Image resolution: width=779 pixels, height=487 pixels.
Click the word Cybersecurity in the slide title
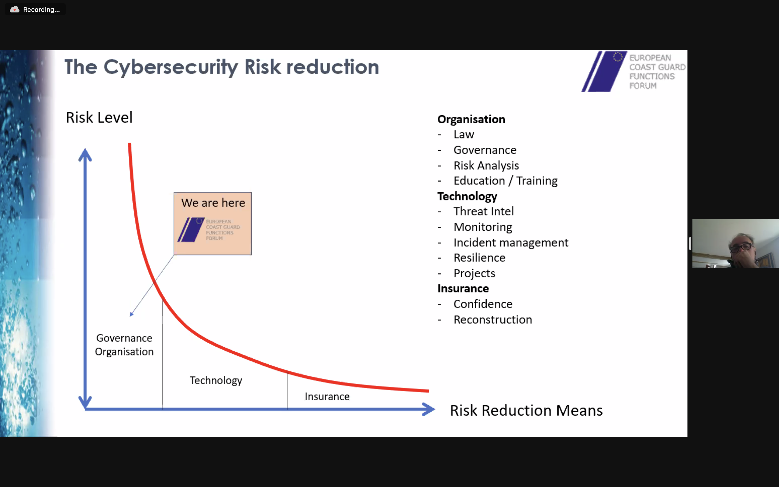point(171,67)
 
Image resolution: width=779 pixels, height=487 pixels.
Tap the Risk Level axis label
point(99,117)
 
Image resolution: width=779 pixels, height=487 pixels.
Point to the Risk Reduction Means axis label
point(526,410)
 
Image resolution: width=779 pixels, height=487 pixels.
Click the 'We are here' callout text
point(213,203)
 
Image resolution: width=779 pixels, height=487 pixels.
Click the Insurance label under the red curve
point(327,396)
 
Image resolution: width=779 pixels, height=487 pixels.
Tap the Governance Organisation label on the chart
point(124,345)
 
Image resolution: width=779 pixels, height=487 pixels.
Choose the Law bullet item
point(464,134)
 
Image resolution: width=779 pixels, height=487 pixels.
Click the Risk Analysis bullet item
point(486,166)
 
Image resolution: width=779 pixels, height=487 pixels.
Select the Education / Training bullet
point(505,181)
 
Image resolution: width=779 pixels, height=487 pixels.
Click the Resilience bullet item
point(479,258)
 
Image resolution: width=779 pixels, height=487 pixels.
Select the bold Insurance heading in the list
point(463,289)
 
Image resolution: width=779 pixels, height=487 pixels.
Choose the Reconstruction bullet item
point(493,320)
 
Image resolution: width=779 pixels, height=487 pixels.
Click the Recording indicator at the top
point(35,9)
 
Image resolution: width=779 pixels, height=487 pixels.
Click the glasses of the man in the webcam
point(741,247)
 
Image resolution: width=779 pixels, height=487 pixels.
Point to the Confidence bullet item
point(483,304)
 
